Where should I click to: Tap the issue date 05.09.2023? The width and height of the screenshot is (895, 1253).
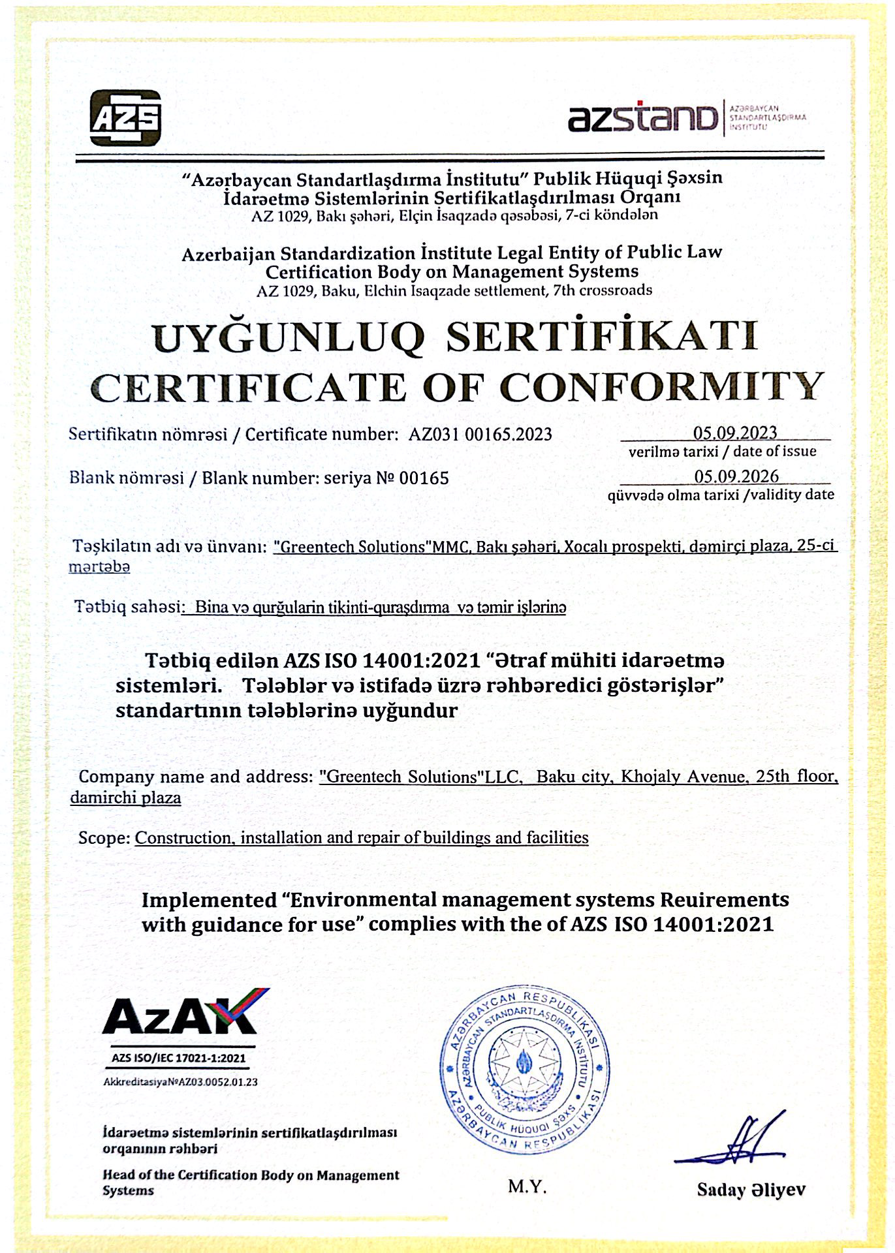coord(735,433)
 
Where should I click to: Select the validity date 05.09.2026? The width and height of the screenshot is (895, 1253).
coord(736,476)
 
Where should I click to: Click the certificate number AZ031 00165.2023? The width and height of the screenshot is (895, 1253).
coord(480,434)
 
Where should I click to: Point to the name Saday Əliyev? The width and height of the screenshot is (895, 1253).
coord(751,1189)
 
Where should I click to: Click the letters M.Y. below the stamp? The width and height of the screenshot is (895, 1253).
coord(527,1186)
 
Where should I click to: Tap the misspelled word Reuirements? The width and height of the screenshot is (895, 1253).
coord(725,900)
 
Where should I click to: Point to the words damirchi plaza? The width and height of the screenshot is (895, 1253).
coord(125,797)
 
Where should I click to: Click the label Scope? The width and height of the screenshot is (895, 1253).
coord(104,837)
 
